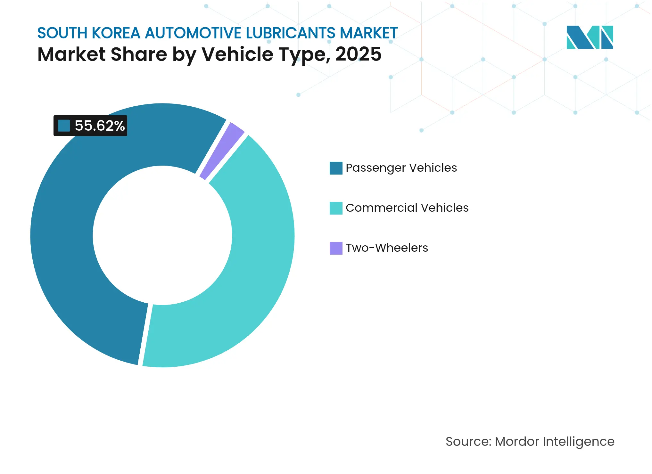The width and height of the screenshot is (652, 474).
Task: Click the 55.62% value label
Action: coord(100,126)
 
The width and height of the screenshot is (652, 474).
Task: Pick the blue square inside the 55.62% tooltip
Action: coord(64,126)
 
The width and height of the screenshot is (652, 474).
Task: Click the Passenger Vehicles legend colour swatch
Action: coord(336,168)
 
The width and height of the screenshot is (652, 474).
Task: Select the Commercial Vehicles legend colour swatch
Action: coord(336,208)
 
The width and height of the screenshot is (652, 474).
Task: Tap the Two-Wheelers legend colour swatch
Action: coord(336,248)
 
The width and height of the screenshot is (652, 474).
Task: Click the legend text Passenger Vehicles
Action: coord(401,168)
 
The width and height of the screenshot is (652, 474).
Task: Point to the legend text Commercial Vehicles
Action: coord(407,208)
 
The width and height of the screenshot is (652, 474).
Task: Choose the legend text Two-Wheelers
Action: coord(387,248)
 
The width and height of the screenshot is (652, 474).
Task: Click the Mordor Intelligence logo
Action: coord(590,37)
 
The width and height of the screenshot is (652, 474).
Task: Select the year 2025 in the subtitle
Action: coord(359,54)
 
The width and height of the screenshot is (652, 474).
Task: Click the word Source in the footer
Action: coord(468,441)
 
